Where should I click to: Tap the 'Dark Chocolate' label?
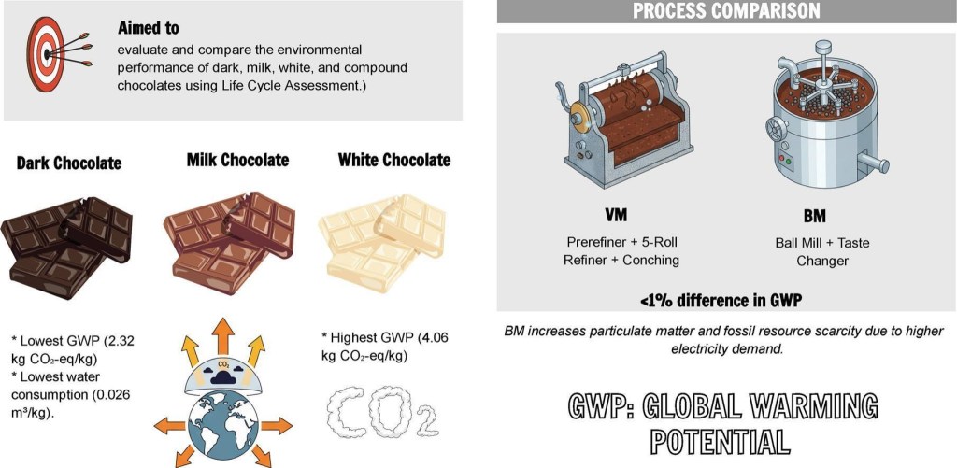point(68,163)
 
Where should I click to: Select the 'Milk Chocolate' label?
point(237,161)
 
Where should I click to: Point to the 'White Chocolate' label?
point(393,161)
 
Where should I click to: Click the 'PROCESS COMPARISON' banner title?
point(727,11)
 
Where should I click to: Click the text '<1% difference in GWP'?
point(721,302)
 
